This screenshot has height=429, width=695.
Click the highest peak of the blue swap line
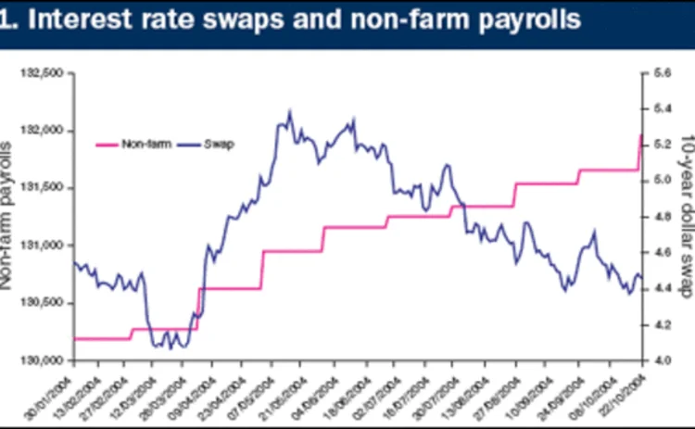coord(290,110)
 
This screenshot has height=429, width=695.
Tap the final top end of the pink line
coord(640,135)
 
